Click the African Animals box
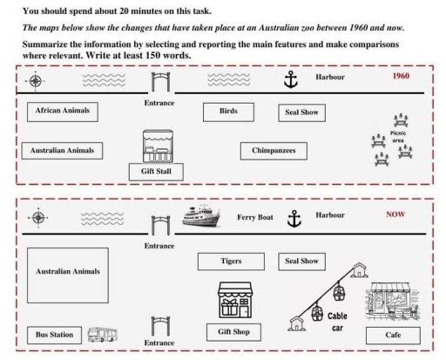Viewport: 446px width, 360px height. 63,112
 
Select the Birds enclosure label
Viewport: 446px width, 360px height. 228,112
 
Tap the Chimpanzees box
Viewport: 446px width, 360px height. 274,151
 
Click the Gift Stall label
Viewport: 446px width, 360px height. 156,172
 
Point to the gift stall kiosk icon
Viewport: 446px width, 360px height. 158,146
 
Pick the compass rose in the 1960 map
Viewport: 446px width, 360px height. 36,81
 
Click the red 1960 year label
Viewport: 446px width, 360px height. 401,76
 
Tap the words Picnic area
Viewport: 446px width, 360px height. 398,137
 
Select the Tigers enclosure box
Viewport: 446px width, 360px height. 231,262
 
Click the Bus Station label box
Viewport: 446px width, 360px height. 54,335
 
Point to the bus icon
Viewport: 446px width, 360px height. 103,335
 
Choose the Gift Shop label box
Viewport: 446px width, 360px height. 233,332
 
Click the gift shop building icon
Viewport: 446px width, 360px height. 235,300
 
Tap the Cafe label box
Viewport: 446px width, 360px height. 393,336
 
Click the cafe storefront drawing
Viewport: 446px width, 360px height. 392,301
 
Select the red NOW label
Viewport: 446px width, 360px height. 395,214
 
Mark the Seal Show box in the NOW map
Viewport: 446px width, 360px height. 301,262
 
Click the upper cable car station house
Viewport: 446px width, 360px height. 360,270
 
